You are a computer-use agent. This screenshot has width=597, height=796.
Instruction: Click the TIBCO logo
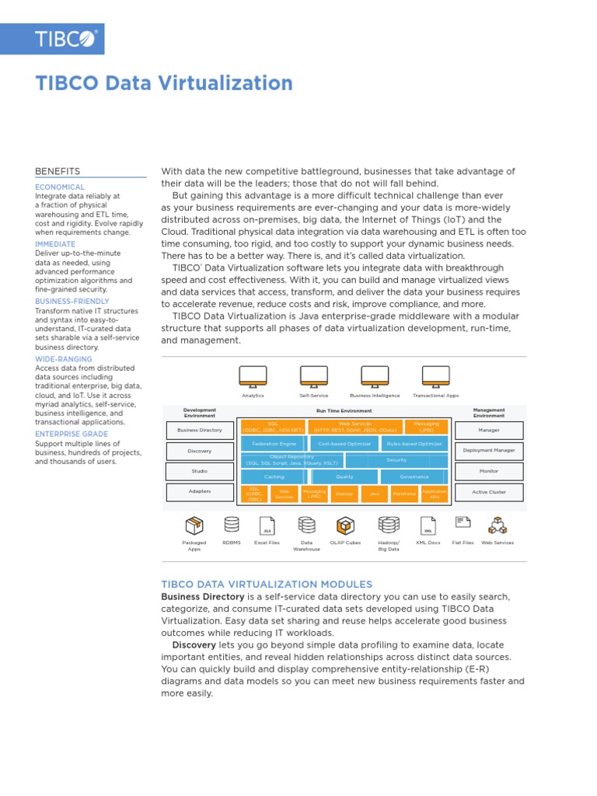click(x=65, y=39)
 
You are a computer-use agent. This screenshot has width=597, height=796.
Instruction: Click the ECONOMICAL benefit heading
click(x=60, y=187)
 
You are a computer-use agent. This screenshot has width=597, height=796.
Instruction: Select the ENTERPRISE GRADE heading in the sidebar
click(x=72, y=433)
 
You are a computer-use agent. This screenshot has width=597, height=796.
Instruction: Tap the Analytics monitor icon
click(x=253, y=376)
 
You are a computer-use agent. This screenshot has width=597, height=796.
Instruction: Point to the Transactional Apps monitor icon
click(x=435, y=376)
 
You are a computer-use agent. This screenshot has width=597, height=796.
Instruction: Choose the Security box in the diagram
click(x=396, y=460)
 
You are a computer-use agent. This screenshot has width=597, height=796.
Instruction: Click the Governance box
click(x=414, y=477)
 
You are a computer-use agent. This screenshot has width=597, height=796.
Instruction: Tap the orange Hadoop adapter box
click(x=344, y=494)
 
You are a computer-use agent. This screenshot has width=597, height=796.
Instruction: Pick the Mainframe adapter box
click(x=404, y=494)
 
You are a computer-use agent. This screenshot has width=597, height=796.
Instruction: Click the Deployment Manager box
click(x=489, y=451)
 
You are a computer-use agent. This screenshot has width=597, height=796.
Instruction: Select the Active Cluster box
click(x=489, y=492)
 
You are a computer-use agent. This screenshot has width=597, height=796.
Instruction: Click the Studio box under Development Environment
click(x=200, y=471)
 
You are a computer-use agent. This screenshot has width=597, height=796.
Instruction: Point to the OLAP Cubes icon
click(x=344, y=525)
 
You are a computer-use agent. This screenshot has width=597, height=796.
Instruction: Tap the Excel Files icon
click(x=267, y=525)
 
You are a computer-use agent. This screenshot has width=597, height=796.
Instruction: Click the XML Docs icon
click(x=428, y=525)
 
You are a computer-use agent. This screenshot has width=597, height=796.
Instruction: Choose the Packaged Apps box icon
click(x=194, y=525)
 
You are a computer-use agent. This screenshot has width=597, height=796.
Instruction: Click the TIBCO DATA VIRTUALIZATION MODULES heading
click(x=267, y=584)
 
